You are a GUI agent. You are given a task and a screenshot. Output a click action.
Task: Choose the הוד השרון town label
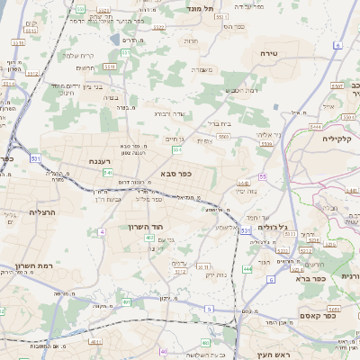pyautogui.click(x=143, y=227)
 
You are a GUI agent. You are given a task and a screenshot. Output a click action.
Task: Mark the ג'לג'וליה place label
pyautogui.click(x=270, y=227)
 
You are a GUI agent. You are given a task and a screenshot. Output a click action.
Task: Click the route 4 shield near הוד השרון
pyautogui.click(x=102, y=232)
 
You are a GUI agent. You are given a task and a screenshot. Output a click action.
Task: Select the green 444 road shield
pyautogui.click(x=247, y=268)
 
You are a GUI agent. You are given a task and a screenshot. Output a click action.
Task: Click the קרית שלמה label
pyautogui.click(x=84, y=55)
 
